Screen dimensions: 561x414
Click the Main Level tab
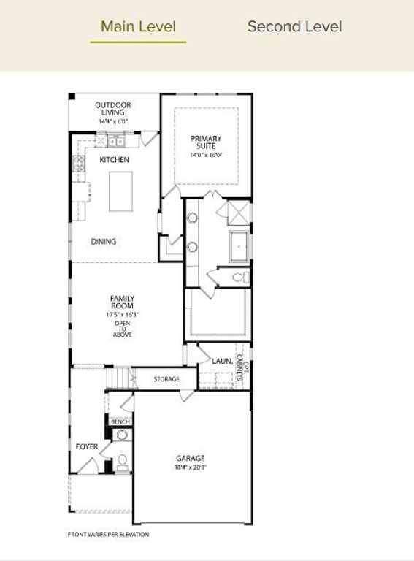click(138, 27)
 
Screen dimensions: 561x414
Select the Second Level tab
click(294, 27)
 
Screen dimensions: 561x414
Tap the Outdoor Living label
click(112, 109)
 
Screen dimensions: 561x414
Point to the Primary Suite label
click(206, 142)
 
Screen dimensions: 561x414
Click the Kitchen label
click(115, 160)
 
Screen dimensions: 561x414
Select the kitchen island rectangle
click(121, 191)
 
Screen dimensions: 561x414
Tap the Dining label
click(104, 242)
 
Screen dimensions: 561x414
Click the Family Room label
click(122, 302)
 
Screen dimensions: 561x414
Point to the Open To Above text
click(122, 329)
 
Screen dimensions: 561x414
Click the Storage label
click(166, 380)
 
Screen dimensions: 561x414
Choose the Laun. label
click(222, 362)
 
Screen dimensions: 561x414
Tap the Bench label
click(120, 421)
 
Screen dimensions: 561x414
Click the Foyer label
click(87, 446)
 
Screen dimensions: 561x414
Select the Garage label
click(189, 459)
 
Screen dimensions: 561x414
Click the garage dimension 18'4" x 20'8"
click(189, 467)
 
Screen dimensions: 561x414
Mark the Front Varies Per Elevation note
click(108, 535)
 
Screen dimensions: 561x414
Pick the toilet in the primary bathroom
click(243, 278)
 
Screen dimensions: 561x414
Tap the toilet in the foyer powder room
click(122, 460)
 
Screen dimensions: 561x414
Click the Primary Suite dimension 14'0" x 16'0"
click(206, 155)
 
